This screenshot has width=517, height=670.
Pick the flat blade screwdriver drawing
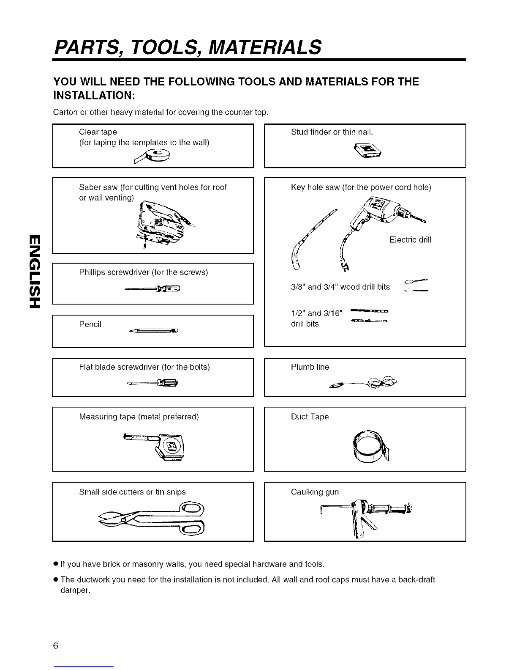click(x=153, y=383)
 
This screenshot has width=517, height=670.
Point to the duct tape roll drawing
click(x=370, y=447)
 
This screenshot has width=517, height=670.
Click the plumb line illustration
click(x=365, y=383)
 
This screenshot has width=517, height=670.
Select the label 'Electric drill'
click(x=410, y=240)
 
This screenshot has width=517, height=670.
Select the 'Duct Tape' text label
click(x=310, y=417)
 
